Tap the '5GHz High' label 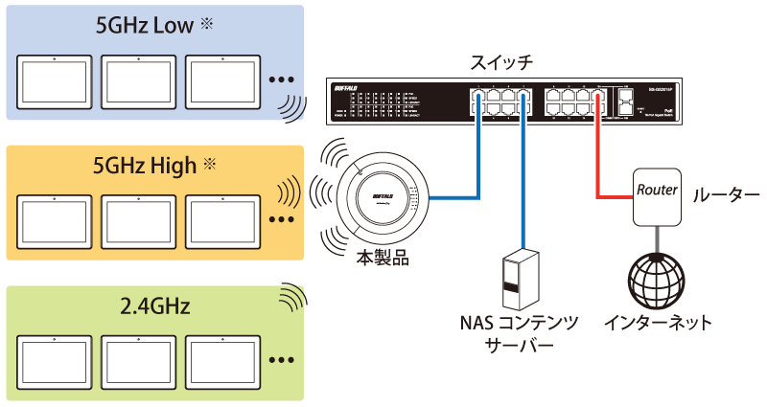[143, 165]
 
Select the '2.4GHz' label [155, 306]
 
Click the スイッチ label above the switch [502, 63]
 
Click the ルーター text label [728, 194]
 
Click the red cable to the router [601, 163]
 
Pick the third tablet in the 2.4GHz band [221, 360]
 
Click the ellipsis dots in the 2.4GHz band [281, 361]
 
